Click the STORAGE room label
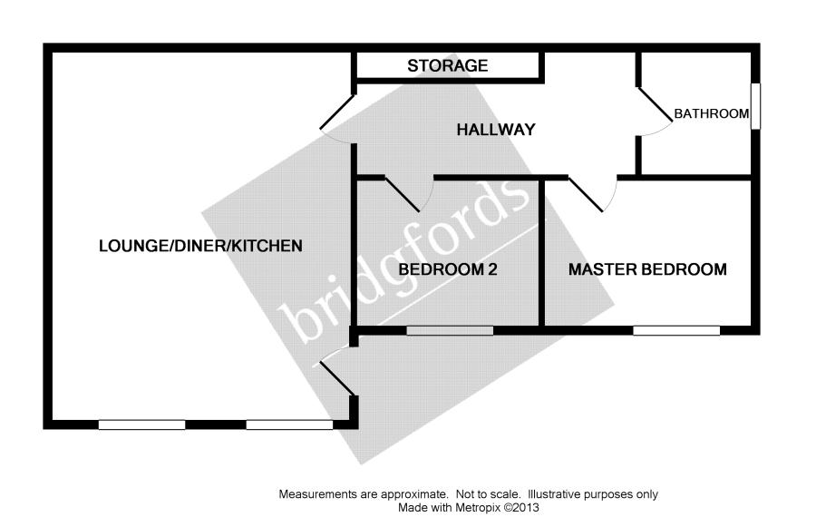point(448,65)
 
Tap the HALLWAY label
point(495,130)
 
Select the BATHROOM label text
point(711,114)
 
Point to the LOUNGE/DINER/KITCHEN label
point(200,246)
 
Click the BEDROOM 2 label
point(448,269)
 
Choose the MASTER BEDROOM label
point(647,269)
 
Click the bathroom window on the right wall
point(755,106)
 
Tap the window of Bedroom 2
point(450,330)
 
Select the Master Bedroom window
point(676,330)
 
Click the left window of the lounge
point(142,424)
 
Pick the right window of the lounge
point(289,424)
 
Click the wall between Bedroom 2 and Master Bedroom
point(542,252)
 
